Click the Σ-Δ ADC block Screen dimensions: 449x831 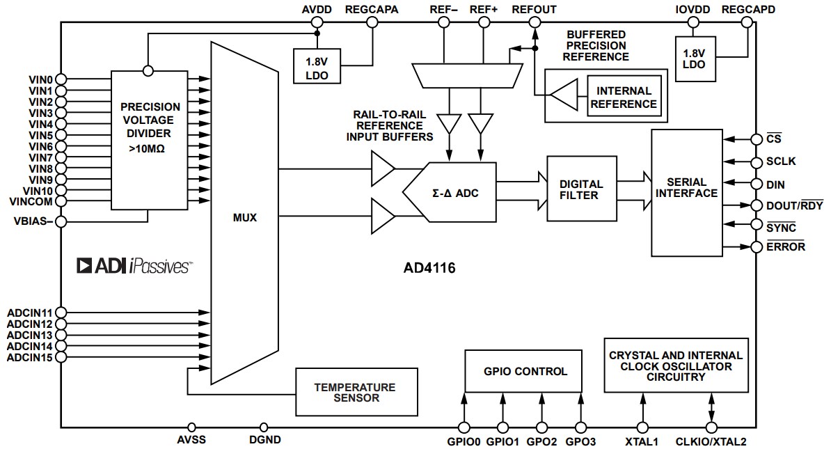[456, 192]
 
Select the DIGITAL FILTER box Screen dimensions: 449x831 [582, 189]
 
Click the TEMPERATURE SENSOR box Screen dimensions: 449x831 [356, 392]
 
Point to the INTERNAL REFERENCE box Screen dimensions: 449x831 [624, 97]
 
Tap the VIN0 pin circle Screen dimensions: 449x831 [61, 79]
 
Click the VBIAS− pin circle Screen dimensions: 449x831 [61, 222]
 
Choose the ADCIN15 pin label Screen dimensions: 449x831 [30, 357]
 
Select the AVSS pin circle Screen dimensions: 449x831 [192, 427]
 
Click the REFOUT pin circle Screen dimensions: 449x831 [534, 22]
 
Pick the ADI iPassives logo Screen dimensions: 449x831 [134, 265]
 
